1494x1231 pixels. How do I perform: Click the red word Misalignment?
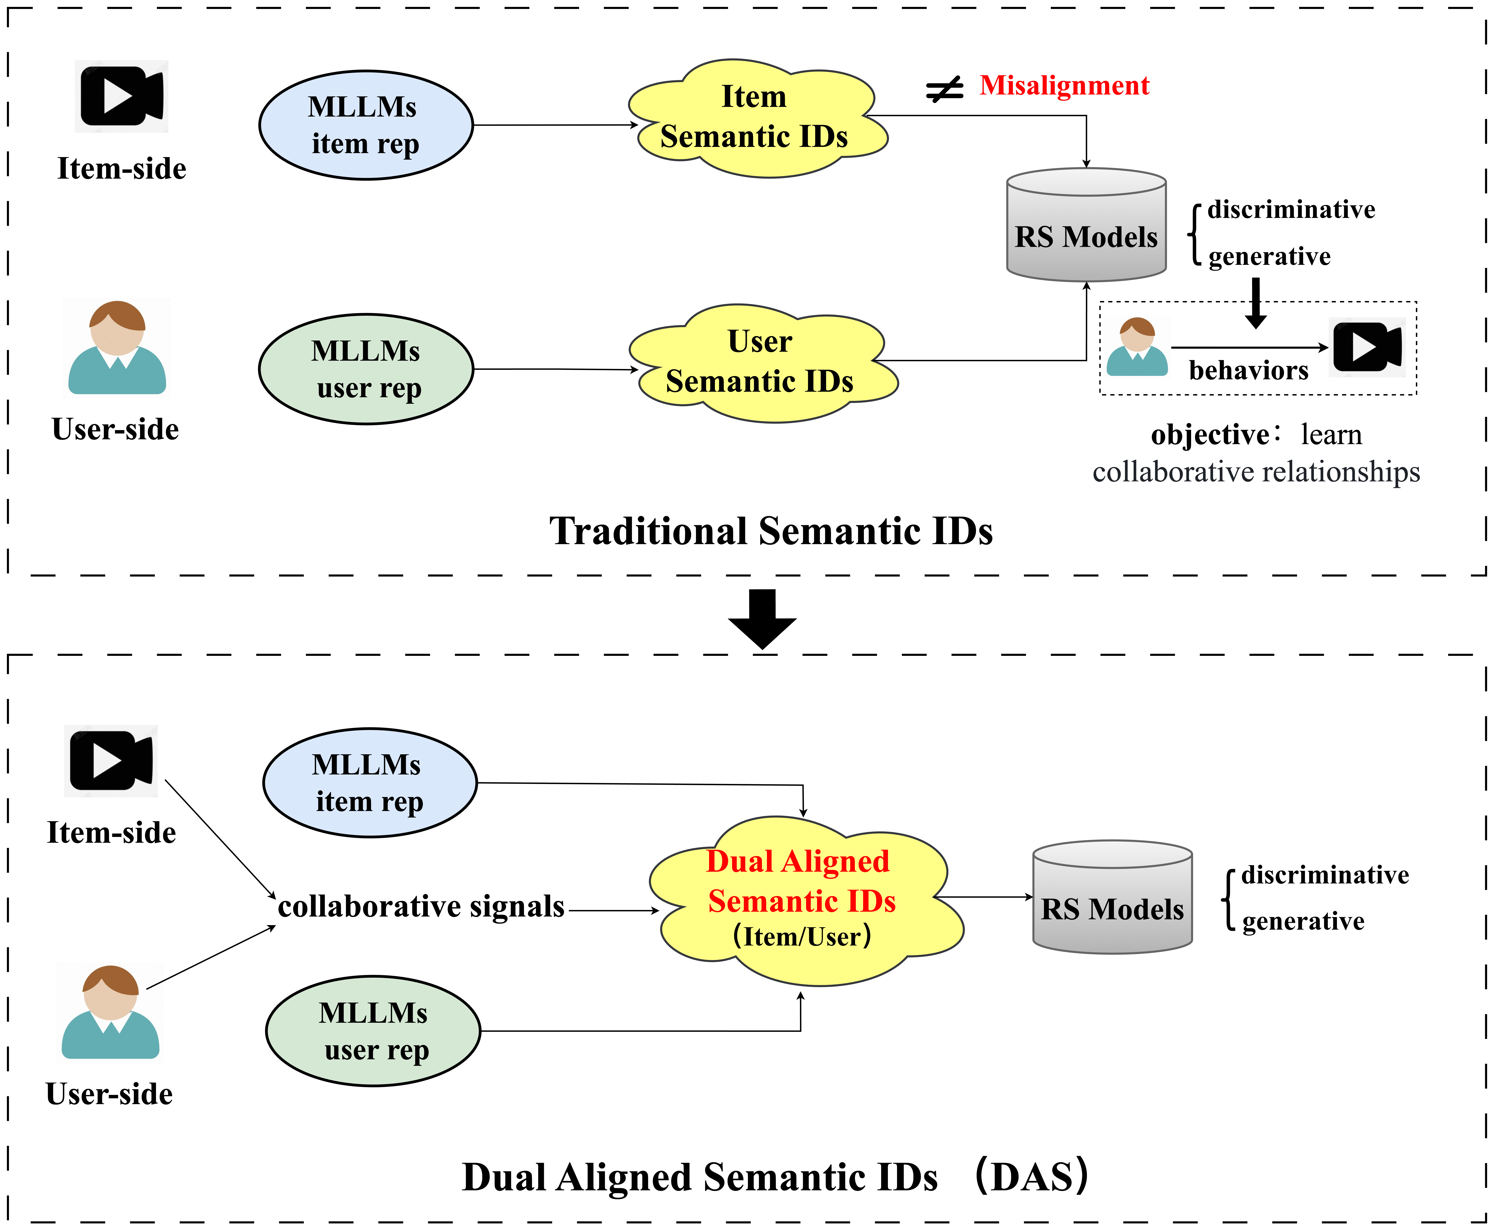(x=1064, y=86)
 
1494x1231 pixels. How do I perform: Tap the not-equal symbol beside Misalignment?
(x=944, y=89)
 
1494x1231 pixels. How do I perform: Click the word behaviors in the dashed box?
(x=1248, y=370)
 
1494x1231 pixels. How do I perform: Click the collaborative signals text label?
(x=421, y=906)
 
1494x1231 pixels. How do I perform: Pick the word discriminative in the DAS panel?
(x=1324, y=875)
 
